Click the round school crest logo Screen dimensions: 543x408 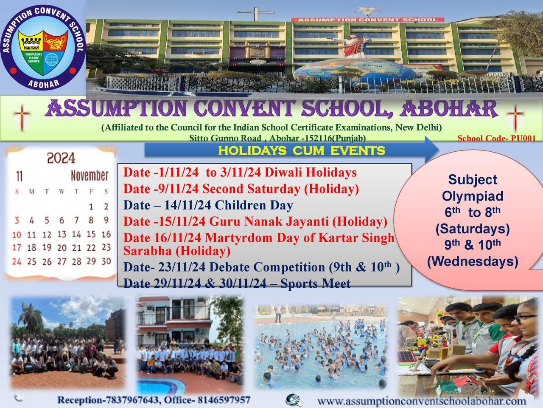(43, 47)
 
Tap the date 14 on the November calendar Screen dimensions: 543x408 (76, 234)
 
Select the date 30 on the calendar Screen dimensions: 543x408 (106, 261)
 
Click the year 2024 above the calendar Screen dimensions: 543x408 (61, 158)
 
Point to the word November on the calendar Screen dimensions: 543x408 (90, 176)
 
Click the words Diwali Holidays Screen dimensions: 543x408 (311, 172)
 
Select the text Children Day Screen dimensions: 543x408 (254, 205)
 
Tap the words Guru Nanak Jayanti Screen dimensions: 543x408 (269, 221)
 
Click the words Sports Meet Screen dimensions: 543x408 (316, 283)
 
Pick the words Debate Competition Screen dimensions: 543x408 (267, 267)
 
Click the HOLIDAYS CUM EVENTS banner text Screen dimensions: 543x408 (302, 150)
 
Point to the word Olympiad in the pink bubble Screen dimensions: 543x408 (473, 196)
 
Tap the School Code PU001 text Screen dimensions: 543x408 (496, 138)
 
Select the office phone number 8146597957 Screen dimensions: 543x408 (224, 400)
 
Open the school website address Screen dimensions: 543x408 (422, 401)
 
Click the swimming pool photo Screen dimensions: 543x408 (321, 346)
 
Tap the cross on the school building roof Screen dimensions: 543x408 (256, 14)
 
